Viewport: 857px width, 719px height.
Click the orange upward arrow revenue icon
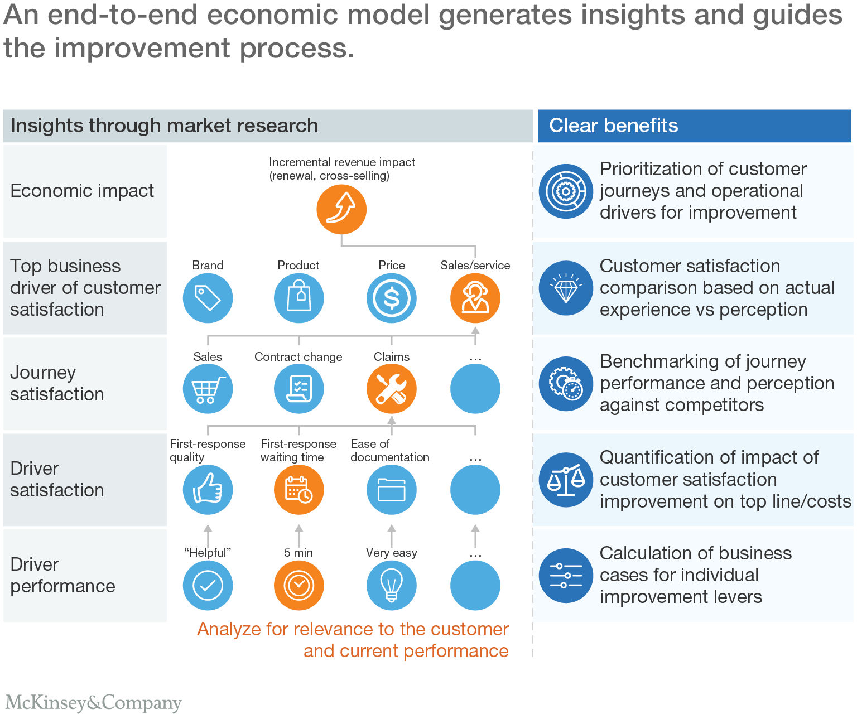pyautogui.click(x=341, y=209)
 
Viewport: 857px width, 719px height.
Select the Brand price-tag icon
pyautogui.click(x=208, y=298)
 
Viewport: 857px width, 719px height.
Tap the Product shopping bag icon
pyautogui.click(x=298, y=298)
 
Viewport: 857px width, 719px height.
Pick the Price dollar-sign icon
pyautogui.click(x=391, y=298)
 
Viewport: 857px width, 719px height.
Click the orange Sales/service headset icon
pyautogui.click(x=475, y=298)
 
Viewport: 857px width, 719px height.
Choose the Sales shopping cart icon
pyautogui.click(x=208, y=388)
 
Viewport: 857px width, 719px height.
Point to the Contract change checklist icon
pyautogui.click(x=298, y=388)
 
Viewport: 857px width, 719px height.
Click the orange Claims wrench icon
pyautogui.click(x=391, y=388)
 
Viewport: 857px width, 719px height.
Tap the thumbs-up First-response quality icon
pyautogui.click(x=208, y=490)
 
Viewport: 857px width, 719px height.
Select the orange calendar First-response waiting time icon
pyautogui.click(x=298, y=490)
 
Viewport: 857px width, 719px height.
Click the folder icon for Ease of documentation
pyautogui.click(x=391, y=490)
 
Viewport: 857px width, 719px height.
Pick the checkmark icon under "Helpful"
pyautogui.click(x=208, y=585)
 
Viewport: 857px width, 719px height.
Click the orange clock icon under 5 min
pyautogui.click(x=298, y=585)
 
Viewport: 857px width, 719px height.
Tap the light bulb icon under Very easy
pyautogui.click(x=391, y=585)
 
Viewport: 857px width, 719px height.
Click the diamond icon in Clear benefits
pyautogui.click(x=566, y=288)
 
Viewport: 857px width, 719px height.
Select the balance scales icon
pyautogui.click(x=566, y=480)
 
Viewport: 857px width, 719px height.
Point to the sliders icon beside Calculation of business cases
pyautogui.click(x=566, y=576)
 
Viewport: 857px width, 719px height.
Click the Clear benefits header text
pyautogui.click(x=613, y=126)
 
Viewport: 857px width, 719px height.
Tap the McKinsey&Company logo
pyautogui.click(x=93, y=703)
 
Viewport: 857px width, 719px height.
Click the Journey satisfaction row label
pyautogui.click(x=57, y=383)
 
